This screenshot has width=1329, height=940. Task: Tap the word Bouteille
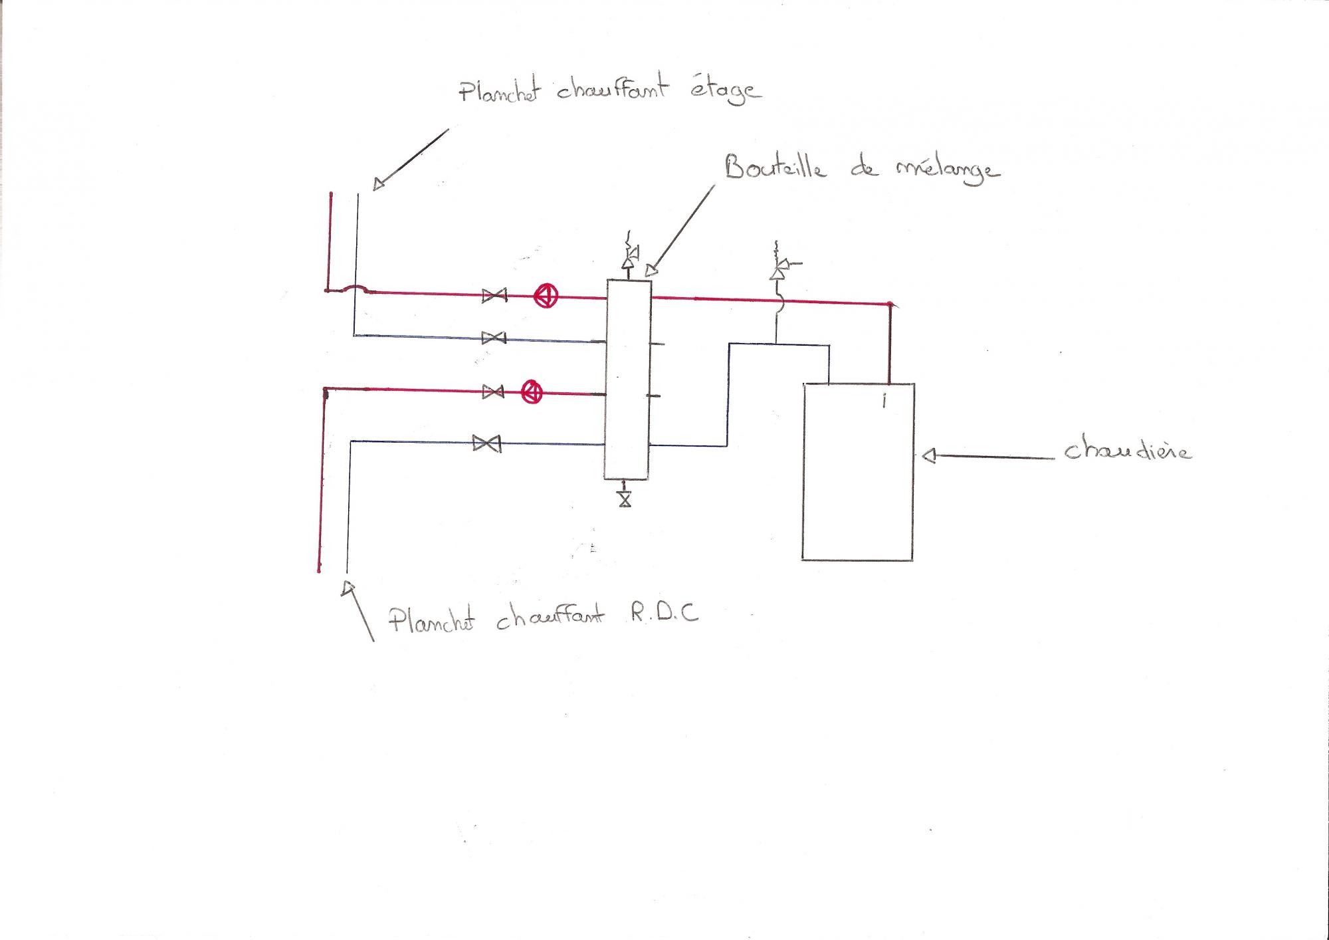click(775, 167)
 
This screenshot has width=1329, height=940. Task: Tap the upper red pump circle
click(546, 296)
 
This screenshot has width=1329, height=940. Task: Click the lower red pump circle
click(532, 392)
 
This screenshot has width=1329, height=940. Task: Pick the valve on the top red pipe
click(494, 295)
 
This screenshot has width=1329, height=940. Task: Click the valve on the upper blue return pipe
click(494, 338)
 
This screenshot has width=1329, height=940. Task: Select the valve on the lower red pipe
click(492, 392)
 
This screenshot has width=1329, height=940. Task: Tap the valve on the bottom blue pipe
click(486, 443)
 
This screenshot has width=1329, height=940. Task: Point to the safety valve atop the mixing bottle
click(629, 255)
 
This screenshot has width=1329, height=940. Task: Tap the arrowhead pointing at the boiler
click(929, 456)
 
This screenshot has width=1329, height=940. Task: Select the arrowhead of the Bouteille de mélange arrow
click(651, 270)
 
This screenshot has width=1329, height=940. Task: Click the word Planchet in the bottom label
click(431, 620)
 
